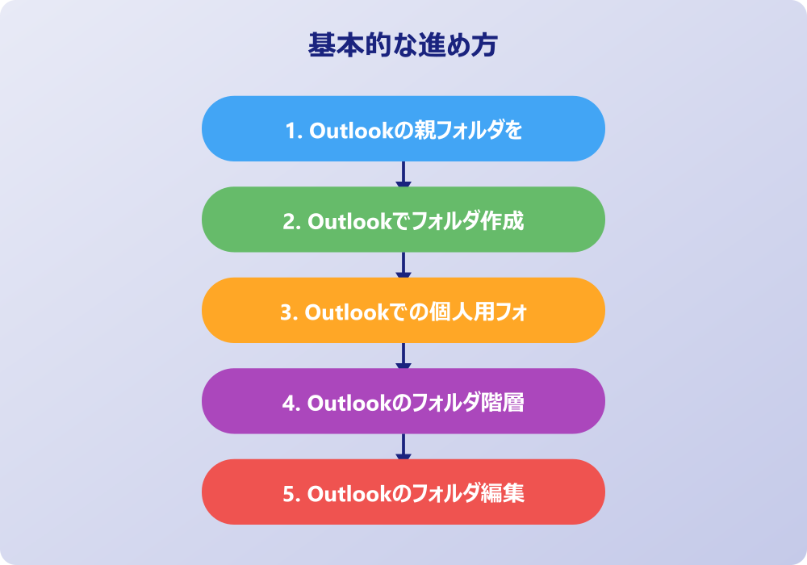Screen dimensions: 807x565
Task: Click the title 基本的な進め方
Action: click(x=403, y=44)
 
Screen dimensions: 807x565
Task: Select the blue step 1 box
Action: click(x=403, y=128)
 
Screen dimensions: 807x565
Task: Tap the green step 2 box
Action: click(x=403, y=220)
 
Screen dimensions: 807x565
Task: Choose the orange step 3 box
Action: click(x=403, y=310)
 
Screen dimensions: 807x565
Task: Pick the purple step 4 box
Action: click(x=403, y=401)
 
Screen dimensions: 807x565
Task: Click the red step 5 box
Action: click(x=403, y=492)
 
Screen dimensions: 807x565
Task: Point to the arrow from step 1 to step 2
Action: click(x=403, y=174)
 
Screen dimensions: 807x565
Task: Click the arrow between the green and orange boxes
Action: click(x=403, y=265)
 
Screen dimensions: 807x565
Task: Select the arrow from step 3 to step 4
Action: click(x=403, y=356)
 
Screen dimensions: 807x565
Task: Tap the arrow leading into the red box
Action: click(x=403, y=446)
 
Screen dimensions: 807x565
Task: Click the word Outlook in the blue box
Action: click(x=352, y=131)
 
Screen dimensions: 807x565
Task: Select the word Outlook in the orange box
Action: click(x=347, y=312)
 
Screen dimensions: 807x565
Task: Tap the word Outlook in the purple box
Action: click(x=349, y=403)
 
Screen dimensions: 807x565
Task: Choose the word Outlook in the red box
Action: click(x=349, y=494)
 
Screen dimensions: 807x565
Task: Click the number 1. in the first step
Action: click(x=294, y=131)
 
